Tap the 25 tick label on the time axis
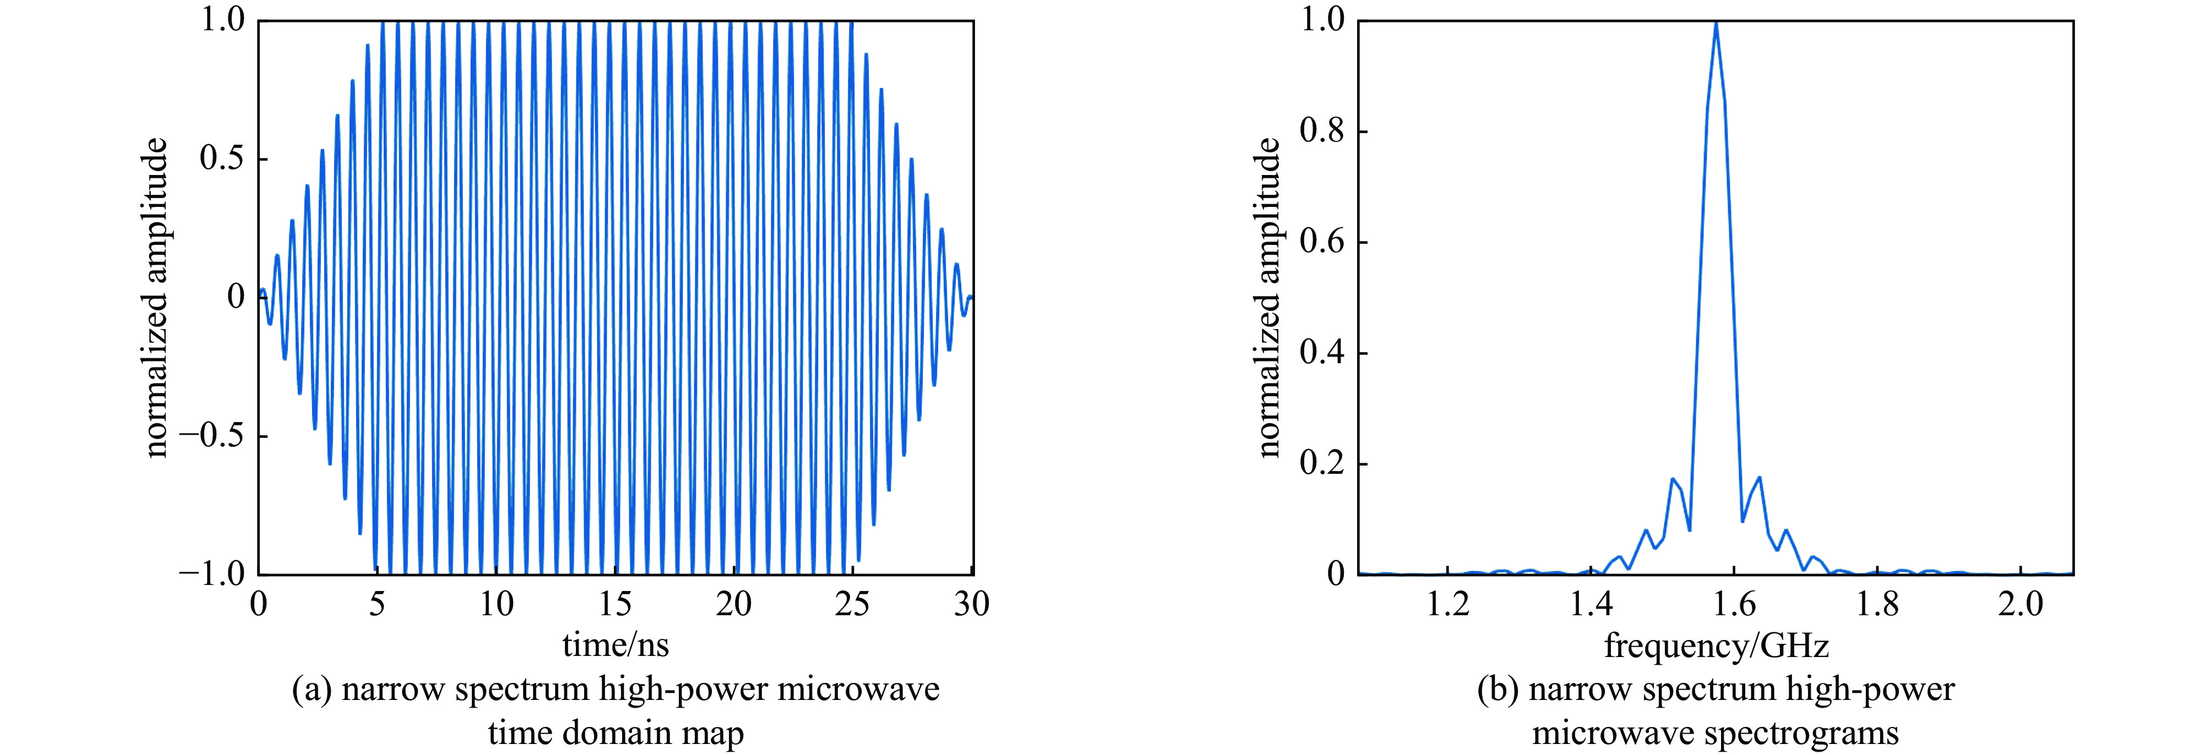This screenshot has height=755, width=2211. point(852,605)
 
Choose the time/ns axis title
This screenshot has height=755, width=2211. point(616,645)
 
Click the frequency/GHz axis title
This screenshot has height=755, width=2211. point(1717,645)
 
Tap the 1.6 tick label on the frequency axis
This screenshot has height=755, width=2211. point(1734,605)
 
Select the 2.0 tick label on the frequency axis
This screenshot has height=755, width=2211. point(2021,605)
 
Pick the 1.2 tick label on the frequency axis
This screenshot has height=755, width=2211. point(1448,605)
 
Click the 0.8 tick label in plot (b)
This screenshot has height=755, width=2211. point(1322,132)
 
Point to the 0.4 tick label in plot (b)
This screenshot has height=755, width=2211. point(1322,353)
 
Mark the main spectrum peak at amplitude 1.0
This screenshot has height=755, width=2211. point(1716,23)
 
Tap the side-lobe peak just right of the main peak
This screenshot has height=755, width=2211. point(1760,477)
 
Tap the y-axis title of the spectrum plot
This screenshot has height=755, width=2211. point(1268,297)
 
